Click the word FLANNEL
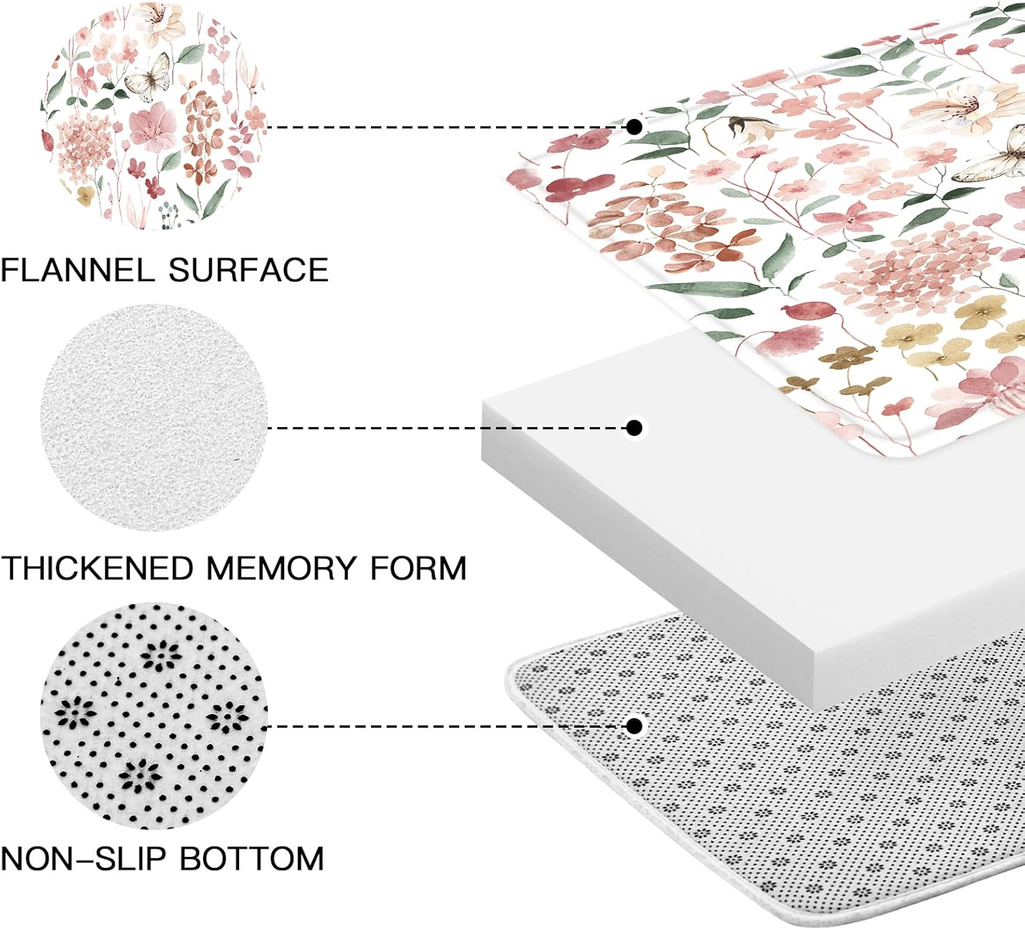(77, 270)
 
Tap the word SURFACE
(248, 270)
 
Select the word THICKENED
(97, 569)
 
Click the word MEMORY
(281, 569)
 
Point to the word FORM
(418, 569)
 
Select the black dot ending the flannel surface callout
(634, 126)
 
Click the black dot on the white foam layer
(634, 428)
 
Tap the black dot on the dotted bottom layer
(634, 726)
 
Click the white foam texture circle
(154, 418)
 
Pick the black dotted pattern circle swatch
(154, 715)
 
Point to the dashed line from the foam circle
(444, 428)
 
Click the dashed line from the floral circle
(444, 127)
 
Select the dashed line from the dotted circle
(444, 726)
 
